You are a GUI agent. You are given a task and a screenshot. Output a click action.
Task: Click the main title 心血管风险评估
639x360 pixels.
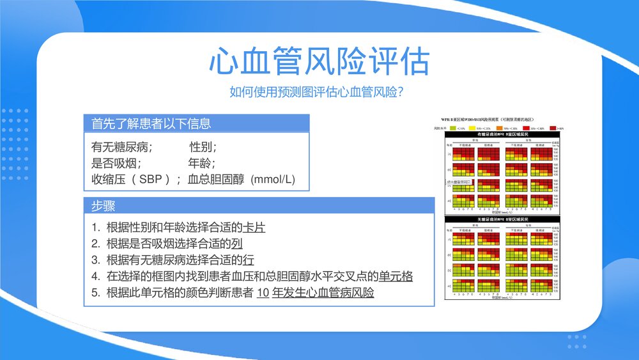tap(319, 62)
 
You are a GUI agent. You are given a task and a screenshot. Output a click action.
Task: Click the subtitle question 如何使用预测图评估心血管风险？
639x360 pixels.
tap(319, 92)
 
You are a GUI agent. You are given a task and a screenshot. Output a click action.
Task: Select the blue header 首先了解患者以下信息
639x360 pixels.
tap(151, 123)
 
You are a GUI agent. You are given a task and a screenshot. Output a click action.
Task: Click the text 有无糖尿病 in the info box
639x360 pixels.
tap(122, 147)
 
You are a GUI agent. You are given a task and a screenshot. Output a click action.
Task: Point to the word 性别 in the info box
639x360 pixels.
tap(203, 147)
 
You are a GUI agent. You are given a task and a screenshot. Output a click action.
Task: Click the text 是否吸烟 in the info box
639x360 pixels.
tap(116, 163)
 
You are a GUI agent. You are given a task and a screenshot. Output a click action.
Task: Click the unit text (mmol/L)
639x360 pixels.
tap(272, 179)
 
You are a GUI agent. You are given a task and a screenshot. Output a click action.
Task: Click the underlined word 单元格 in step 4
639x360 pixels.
tap(396, 276)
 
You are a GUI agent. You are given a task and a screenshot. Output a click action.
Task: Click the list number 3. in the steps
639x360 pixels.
tap(95, 260)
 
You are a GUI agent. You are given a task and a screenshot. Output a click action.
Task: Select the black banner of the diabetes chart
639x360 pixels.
tap(501, 135)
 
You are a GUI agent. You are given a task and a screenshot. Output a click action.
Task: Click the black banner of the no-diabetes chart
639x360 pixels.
tap(501, 219)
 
